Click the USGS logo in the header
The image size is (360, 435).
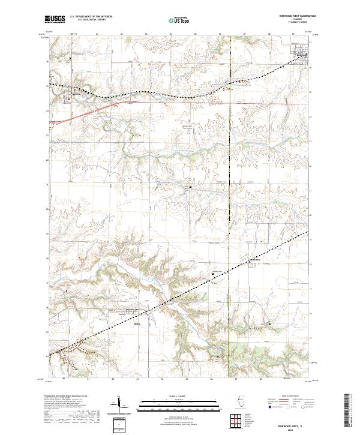coord(55,20)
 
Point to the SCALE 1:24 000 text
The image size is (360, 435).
coord(180,396)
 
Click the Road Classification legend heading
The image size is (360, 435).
coord(288,397)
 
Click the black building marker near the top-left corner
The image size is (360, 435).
coord(70,58)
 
